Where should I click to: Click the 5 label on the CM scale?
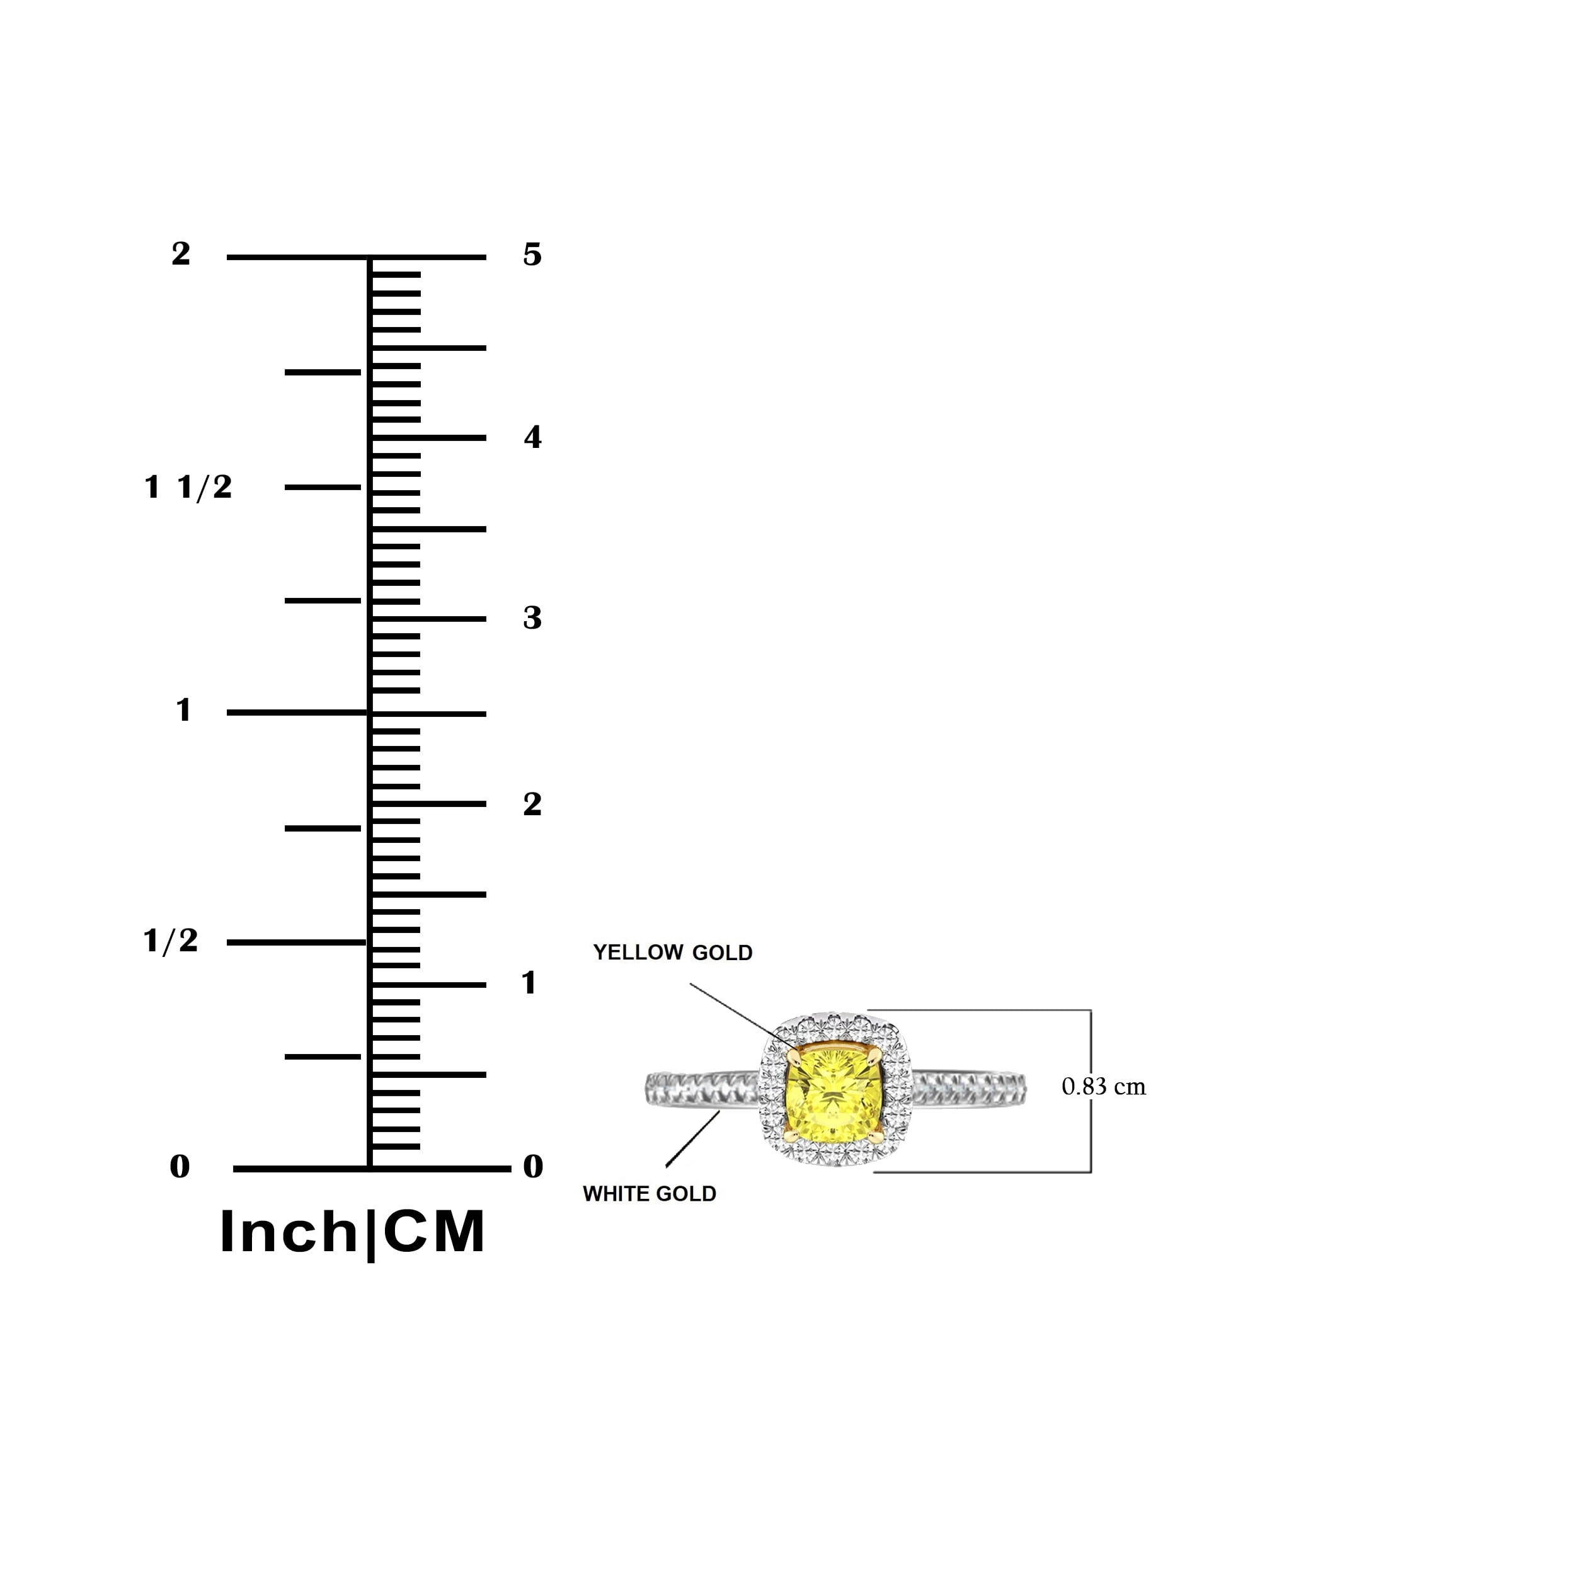(532, 255)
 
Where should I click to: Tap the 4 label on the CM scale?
(532, 438)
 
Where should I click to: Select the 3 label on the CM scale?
(532, 618)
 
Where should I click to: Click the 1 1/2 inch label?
(188, 488)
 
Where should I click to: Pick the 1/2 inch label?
(170, 941)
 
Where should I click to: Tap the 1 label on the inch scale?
(184, 710)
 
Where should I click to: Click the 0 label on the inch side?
(180, 1167)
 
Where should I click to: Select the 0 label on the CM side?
(532, 1167)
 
